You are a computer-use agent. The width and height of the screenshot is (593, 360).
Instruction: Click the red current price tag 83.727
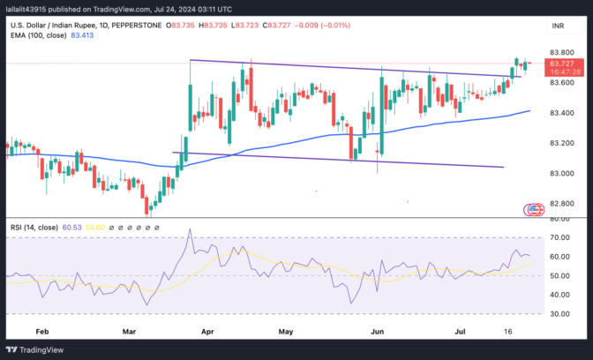(560, 64)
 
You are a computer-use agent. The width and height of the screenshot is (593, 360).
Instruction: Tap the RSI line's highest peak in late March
(189, 231)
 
